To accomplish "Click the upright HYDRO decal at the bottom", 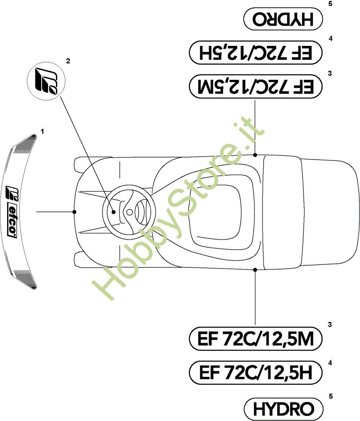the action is (x=283, y=409).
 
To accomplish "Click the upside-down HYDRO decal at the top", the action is (x=283, y=19).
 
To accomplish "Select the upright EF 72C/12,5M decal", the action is (x=255, y=338).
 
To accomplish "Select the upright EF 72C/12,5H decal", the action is (x=255, y=373).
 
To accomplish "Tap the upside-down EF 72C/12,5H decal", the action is (x=255, y=52).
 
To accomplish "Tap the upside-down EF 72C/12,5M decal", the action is (x=255, y=86).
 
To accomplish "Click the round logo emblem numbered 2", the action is (x=46, y=81).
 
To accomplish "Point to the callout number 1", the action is (x=42, y=131).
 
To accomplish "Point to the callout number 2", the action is (x=68, y=61).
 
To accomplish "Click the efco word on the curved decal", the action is (x=12, y=221).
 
